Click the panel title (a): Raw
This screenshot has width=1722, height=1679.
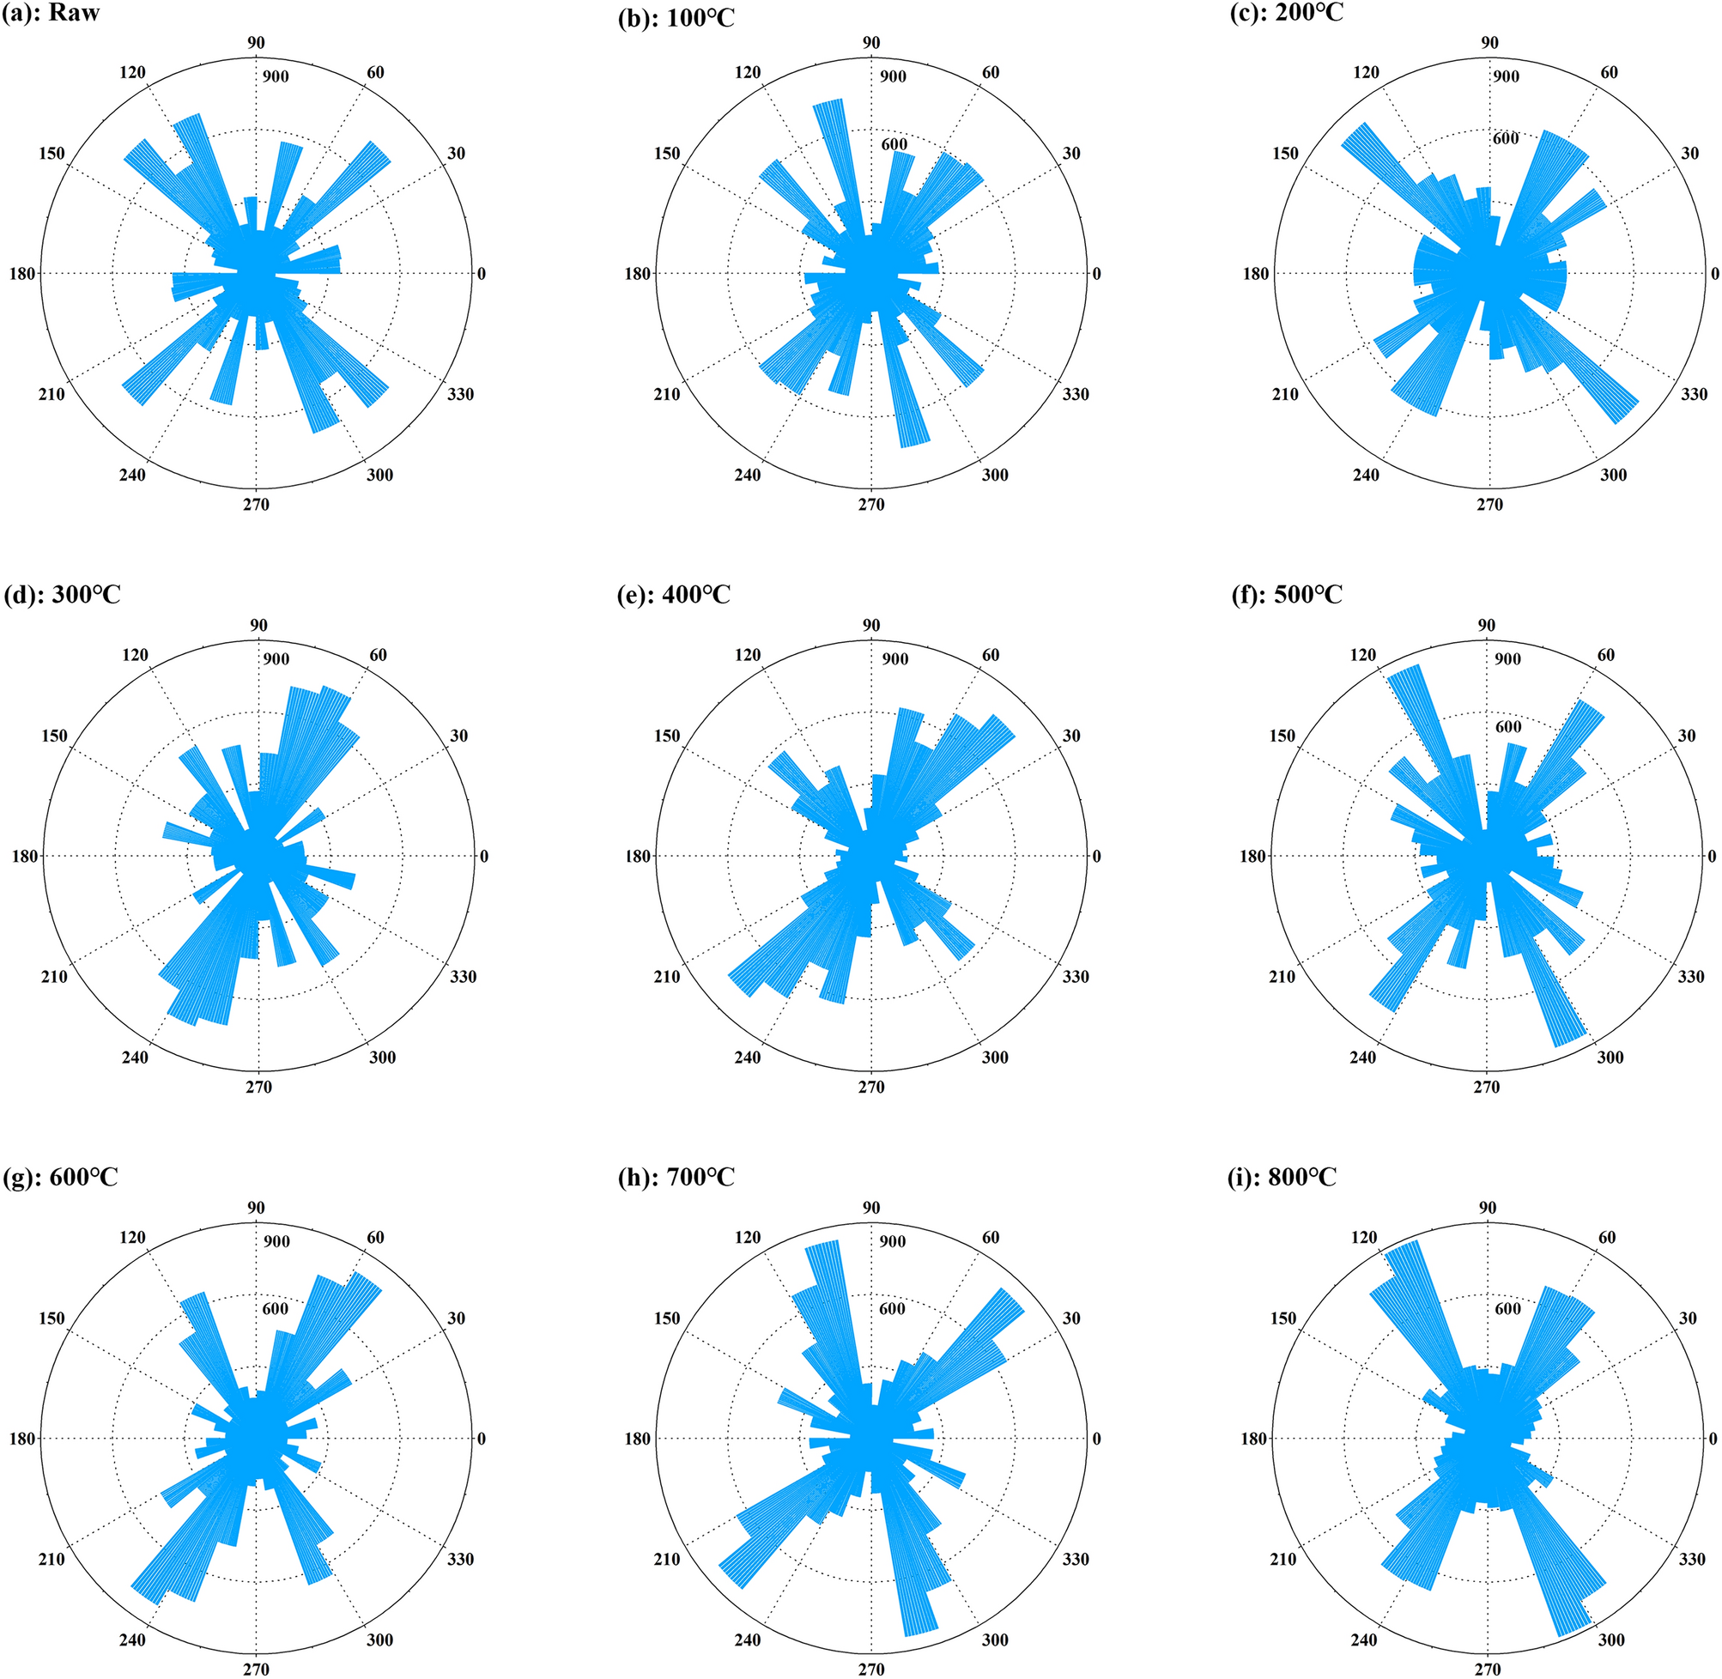(51, 14)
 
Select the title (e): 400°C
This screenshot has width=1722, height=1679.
(675, 595)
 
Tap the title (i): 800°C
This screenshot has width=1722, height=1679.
(1284, 1177)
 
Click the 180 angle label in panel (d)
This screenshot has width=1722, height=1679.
(25, 857)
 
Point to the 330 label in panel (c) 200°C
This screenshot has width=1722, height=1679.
(1693, 394)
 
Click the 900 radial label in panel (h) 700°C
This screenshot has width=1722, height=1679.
(892, 1241)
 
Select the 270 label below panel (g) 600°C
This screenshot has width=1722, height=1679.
(256, 1669)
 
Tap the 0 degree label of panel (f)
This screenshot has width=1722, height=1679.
(1712, 857)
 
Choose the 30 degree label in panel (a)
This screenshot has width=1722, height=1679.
(456, 154)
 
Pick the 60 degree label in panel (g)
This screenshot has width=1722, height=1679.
(376, 1238)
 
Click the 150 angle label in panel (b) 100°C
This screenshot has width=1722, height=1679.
(667, 154)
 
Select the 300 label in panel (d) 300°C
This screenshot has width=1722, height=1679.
(382, 1058)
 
